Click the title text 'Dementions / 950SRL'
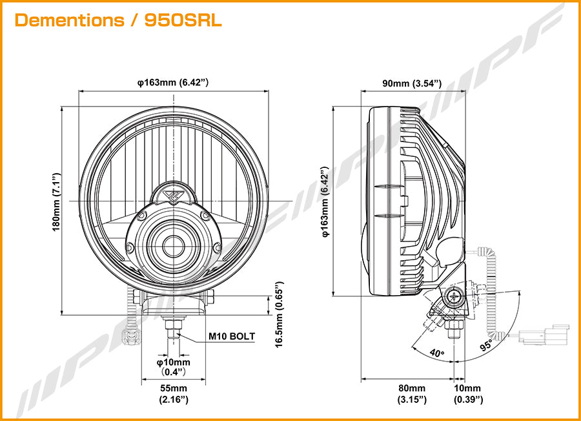click(118, 21)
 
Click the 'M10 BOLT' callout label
click(232, 336)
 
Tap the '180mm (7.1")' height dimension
click(56, 202)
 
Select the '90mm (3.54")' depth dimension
click(412, 83)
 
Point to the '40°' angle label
click(437, 353)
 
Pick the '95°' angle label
click(486, 345)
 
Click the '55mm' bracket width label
click(174, 388)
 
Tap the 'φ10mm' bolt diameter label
click(174, 362)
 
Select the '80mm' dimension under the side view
click(412, 388)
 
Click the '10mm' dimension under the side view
click(467, 388)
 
